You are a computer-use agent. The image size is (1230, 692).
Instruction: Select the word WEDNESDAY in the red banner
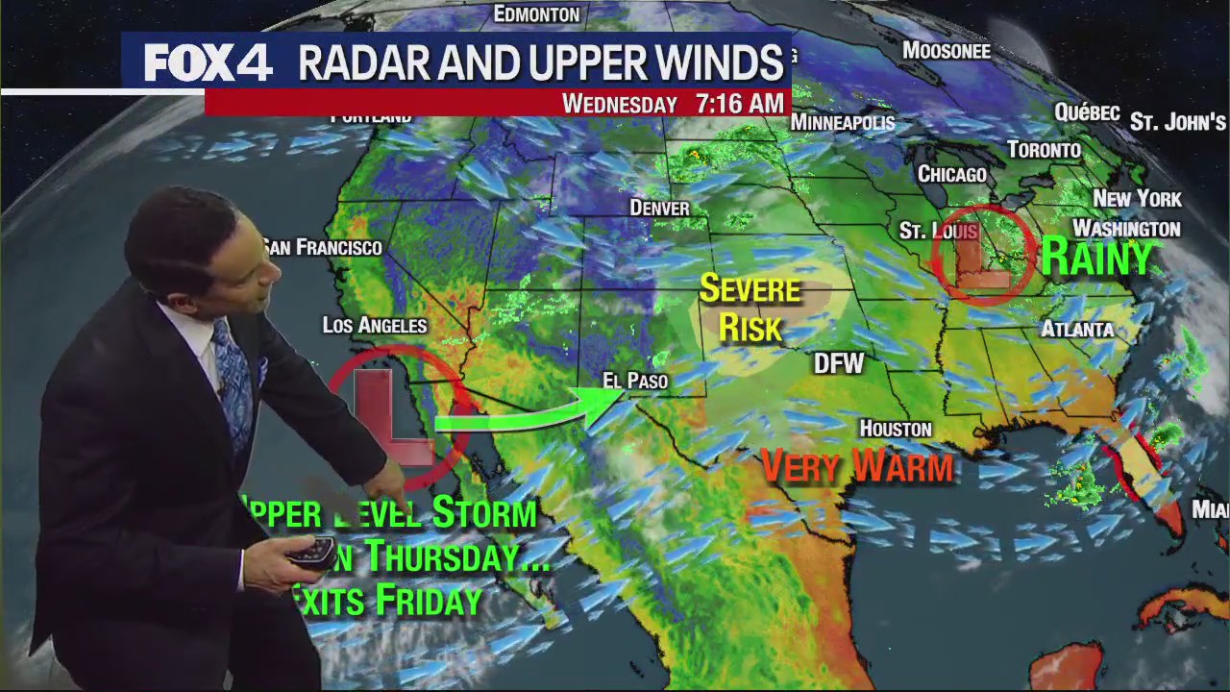(x=620, y=104)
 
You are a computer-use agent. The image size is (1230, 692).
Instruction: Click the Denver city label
(x=659, y=208)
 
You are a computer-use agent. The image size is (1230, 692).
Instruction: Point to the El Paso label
(x=634, y=382)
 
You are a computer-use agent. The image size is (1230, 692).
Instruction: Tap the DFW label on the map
(x=839, y=363)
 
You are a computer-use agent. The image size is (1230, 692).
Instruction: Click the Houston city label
(x=895, y=429)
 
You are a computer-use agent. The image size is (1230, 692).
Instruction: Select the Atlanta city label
(x=1077, y=329)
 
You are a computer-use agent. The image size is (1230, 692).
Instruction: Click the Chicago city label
(x=951, y=174)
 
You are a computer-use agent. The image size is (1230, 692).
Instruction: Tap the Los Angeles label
(x=374, y=325)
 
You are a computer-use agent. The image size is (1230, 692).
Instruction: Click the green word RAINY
(x=1096, y=259)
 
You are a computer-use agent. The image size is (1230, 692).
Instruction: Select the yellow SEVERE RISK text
(x=750, y=309)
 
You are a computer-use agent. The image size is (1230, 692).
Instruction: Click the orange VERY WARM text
(x=857, y=467)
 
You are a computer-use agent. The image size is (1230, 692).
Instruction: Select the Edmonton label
(x=536, y=14)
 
